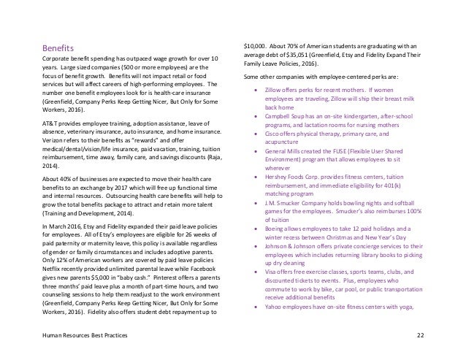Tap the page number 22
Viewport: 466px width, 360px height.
pyautogui.click(x=419, y=334)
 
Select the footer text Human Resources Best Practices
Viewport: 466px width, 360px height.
pyautogui.click(x=82, y=334)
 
